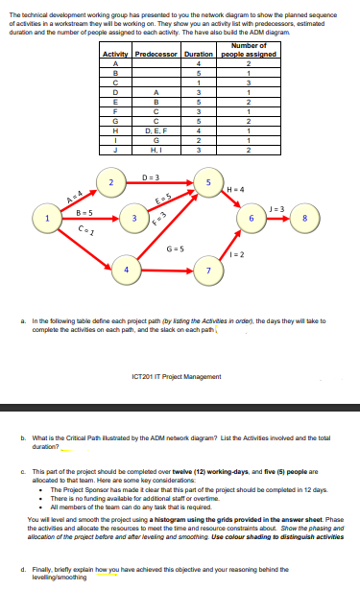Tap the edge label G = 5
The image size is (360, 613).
tap(177, 248)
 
